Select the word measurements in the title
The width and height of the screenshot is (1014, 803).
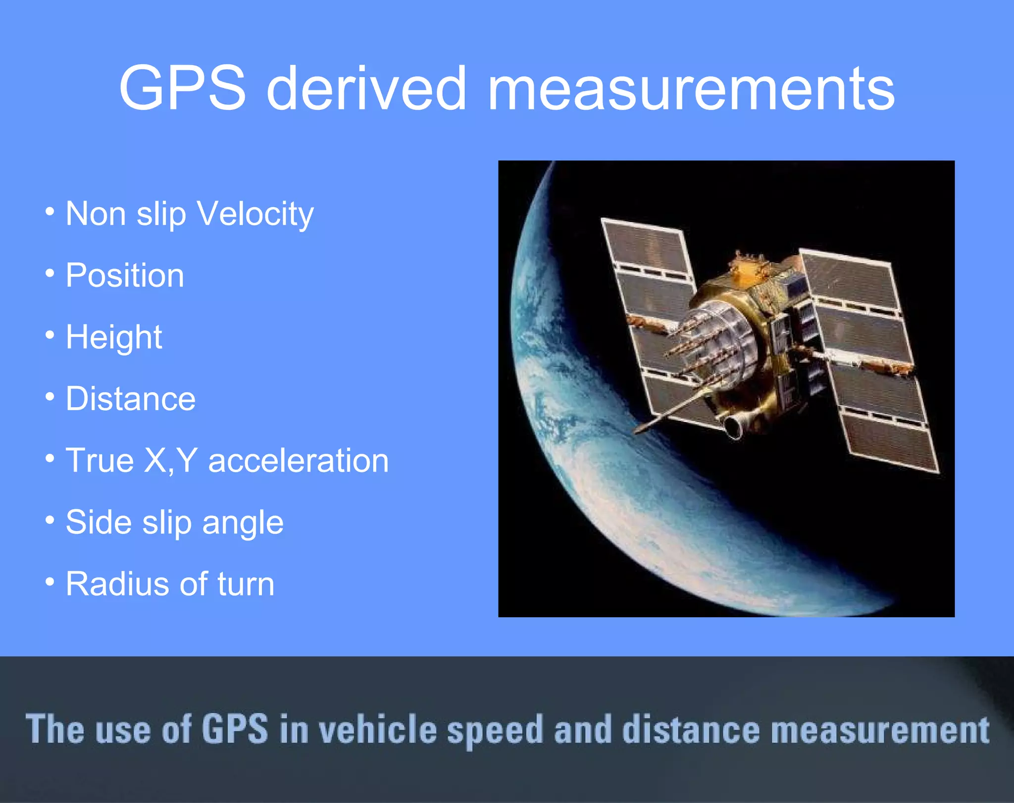[x=691, y=89]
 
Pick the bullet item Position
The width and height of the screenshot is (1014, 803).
[x=125, y=275]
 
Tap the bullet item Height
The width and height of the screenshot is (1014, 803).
[x=114, y=337]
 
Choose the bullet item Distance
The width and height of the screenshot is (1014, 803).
[x=131, y=399]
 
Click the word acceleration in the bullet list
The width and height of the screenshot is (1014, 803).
[x=299, y=461]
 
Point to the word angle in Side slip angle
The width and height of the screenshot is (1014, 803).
[x=243, y=523]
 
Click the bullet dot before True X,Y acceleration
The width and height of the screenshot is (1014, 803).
[x=50, y=458]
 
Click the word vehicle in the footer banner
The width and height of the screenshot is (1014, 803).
[x=377, y=730]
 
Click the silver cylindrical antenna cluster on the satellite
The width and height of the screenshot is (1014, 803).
[x=718, y=342]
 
